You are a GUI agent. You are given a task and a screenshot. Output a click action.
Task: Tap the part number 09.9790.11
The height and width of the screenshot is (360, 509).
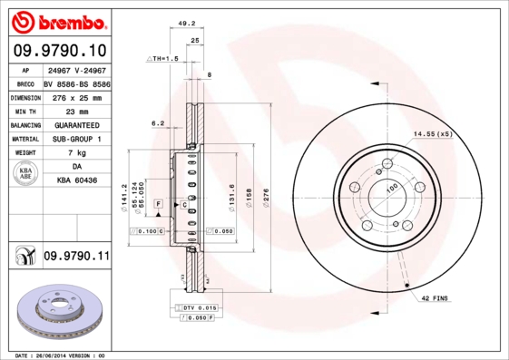pos(76,258)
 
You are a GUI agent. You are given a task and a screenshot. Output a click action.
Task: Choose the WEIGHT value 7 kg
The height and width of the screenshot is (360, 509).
pos(76,153)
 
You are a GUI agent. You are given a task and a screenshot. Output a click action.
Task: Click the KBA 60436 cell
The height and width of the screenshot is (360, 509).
pos(76,181)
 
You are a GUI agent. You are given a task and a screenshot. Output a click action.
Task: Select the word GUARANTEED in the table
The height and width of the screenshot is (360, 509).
pos(76,124)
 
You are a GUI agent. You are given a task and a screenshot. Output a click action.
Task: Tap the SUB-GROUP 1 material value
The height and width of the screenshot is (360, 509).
pos(76,139)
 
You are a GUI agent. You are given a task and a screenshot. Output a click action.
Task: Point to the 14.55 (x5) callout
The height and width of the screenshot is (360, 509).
pos(433,134)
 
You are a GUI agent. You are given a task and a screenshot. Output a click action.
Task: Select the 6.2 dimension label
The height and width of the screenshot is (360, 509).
pos(158,122)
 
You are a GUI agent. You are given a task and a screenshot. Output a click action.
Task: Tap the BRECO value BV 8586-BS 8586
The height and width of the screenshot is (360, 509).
pos(76,82)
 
